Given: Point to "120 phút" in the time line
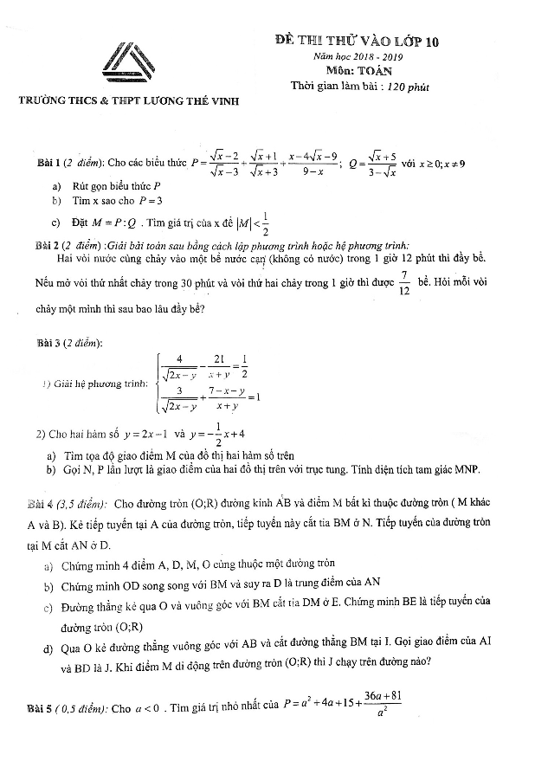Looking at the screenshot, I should pyautogui.click(x=408, y=86).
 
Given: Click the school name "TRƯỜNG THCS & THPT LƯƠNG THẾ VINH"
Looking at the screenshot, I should pyautogui.click(x=129, y=102).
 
